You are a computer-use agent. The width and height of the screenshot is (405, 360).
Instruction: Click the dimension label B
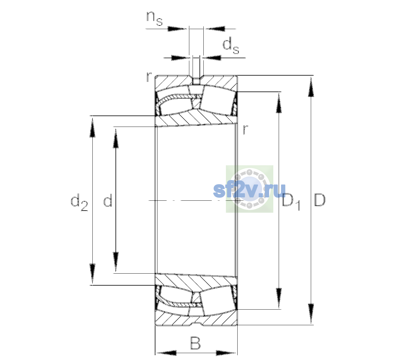195,343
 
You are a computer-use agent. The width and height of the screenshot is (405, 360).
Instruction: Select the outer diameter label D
319,200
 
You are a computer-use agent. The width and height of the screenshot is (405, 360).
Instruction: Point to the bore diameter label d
108,200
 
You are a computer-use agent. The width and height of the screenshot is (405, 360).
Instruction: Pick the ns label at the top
154,18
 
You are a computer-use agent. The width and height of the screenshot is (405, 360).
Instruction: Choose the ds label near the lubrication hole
231,46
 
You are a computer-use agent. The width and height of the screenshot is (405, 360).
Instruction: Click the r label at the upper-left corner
149,77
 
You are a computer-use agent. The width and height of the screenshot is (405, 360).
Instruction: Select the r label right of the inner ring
245,129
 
